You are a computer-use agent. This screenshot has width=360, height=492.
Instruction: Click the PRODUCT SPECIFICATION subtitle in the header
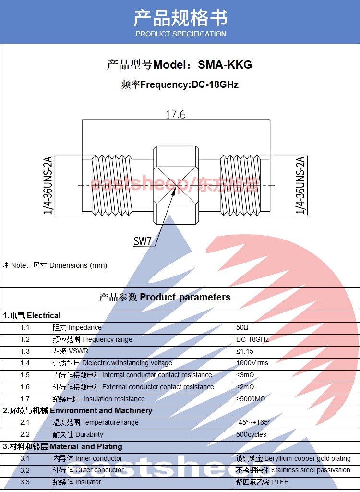[x=180, y=34]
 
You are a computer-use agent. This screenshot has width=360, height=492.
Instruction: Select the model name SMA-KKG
[x=225, y=65]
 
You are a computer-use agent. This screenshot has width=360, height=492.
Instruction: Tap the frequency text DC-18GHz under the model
[x=215, y=85]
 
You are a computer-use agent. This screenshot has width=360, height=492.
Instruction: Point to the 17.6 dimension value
[x=176, y=114]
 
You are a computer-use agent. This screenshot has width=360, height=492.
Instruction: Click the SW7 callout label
[x=142, y=241]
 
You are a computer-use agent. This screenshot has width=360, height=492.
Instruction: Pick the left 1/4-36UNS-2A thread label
[x=48, y=185]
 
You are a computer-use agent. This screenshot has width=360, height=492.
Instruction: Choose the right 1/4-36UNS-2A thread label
[x=300, y=185]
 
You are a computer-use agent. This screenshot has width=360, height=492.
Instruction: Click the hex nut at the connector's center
[x=175, y=185]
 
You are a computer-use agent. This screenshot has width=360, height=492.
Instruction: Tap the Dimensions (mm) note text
[x=78, y=265]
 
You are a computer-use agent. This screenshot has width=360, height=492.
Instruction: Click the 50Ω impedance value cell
[x=242, y=327]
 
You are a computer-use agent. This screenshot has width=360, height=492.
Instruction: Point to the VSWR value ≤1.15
[x=245, y=351]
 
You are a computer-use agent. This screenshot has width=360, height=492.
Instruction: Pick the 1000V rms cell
[x=252, y=363]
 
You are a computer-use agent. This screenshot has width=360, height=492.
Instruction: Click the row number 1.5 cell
[x=25, y=375]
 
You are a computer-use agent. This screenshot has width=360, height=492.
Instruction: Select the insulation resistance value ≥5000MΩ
[x=251, y=399]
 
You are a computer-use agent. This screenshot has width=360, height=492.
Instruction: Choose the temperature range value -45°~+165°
[x=253, y=423]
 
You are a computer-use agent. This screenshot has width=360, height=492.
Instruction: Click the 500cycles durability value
[x=251, y=434]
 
